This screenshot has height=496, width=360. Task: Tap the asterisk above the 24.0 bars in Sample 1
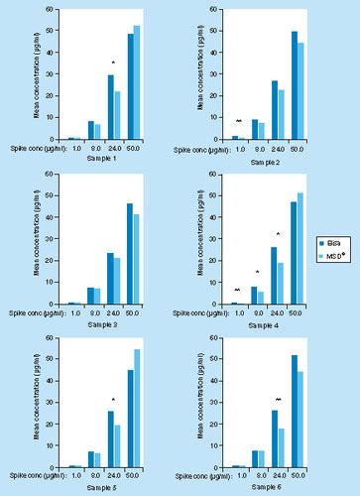(114, 64)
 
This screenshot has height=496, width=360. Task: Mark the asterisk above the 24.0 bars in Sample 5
(114, 401)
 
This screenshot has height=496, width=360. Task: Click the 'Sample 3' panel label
(101, 324)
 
